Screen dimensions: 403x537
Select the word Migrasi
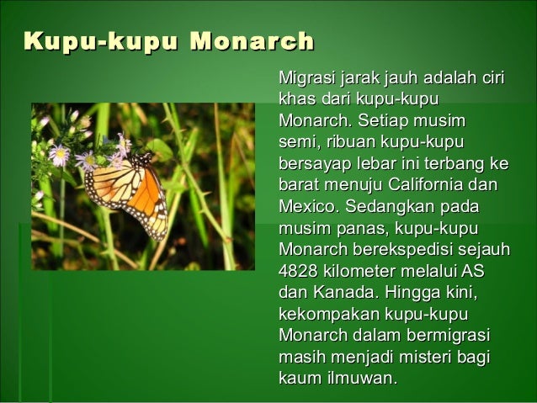[x=306, y=79]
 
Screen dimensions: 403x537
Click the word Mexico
[x=306, y=206]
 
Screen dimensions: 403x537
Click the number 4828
[x=297, y=271]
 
